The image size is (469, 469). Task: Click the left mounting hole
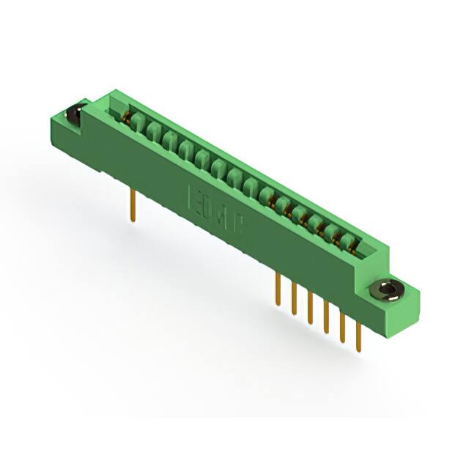pyautogui.click(x=73, y=115)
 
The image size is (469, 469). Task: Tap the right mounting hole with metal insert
pyautogui.click(x=385, y=290)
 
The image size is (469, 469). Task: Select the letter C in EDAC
pyautogui.click(x=241, y=222)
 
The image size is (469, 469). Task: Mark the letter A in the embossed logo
pyautogui.click(x=226, y=213)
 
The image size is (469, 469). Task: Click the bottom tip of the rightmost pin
pyautogui.click(x=358, y=351)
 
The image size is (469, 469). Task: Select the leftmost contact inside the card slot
pyautogui.click(x=136, y=122)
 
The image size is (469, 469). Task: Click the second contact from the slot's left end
pyautogui.click(x=152, y=132)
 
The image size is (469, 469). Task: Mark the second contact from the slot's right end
pyautogui.click(x=335, y=234)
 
